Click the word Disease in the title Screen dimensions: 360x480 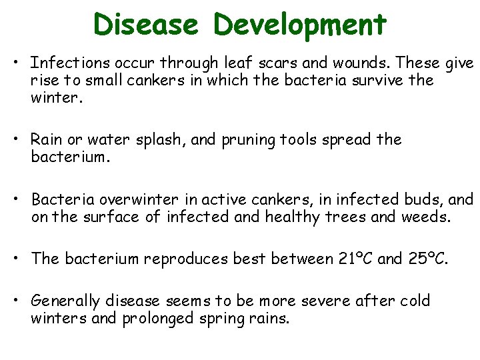pos(145,25)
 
